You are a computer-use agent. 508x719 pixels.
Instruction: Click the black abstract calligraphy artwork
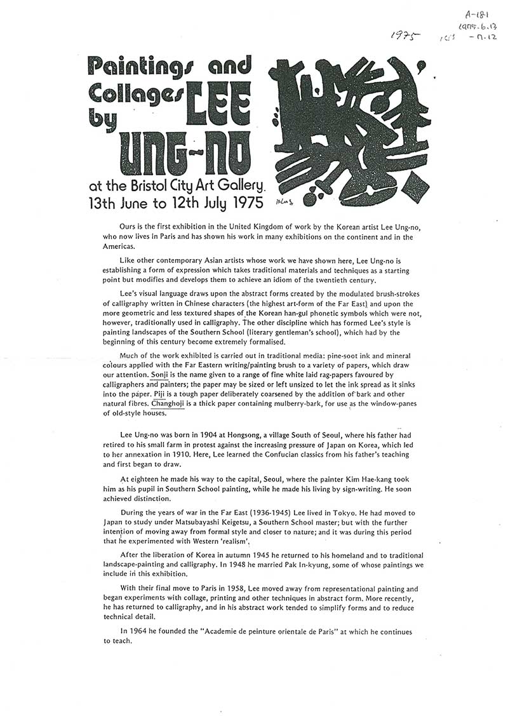[352, 130]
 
